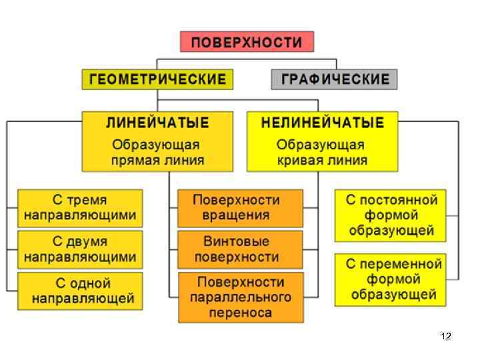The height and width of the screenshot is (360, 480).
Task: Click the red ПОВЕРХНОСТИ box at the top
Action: [247, 43]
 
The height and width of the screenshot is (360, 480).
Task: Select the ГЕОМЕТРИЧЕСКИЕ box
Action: [157, 79]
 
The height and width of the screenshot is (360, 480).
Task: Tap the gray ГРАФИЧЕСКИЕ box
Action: [334, 79]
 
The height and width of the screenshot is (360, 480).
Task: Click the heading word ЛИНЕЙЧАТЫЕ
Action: [157, 123]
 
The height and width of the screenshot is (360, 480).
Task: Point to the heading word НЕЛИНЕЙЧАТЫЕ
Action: [322, 123]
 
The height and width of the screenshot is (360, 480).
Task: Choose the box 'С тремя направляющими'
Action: [80, 208]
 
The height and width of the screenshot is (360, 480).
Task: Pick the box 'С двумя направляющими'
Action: [80, 249]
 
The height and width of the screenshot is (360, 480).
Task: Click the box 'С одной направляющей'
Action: [80, 291]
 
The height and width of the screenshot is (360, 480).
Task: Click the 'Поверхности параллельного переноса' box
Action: [241, 297]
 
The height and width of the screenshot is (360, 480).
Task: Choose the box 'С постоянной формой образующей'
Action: [391, 216]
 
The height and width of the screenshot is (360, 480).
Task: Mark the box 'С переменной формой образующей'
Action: [391, 279]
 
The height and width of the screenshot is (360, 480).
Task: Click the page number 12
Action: [446, 337]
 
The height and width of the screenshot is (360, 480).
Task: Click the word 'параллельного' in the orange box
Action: [241, 297]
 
